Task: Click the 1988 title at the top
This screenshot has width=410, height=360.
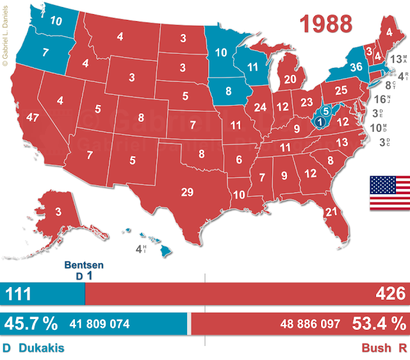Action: [x=327, y=23]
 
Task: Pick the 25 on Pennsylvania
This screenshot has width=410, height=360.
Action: [x=341, y=90]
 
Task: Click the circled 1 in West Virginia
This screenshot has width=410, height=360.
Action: [x=320, y=122]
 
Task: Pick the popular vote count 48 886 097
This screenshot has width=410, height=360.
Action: [x=309, y=324]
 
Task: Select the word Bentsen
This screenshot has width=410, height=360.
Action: [x=85, y=265]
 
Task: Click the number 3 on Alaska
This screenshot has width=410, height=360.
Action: [x=58, y=212]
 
